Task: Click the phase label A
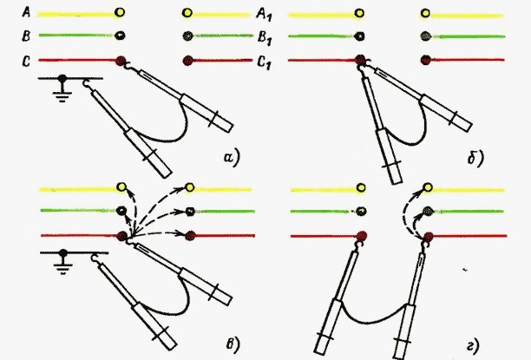[26, 12]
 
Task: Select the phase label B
[26, 36]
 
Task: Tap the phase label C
[26, 62]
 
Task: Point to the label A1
[264, 15]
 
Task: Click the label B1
[265, 37]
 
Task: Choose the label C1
[264, 62]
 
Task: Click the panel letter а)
[232, 158]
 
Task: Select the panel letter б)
[475, 158]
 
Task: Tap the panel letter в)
[233, 344]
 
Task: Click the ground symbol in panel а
[62, 88]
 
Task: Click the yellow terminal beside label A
[120, 12]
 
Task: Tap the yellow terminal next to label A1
[187, 13]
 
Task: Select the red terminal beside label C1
[187, 61]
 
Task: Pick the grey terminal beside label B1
[187, 36]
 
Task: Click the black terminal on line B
[120, 36]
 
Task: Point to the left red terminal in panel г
[362, 236]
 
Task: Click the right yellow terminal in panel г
[428, 187]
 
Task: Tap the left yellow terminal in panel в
[121, 187]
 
